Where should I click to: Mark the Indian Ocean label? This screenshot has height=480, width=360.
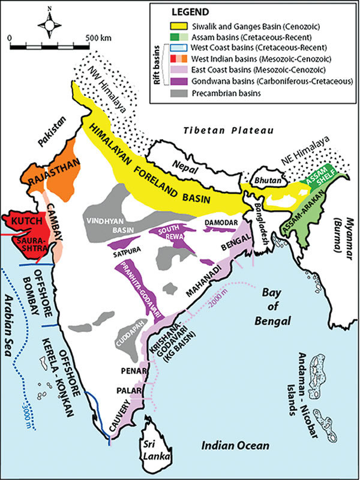pos(235,446)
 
